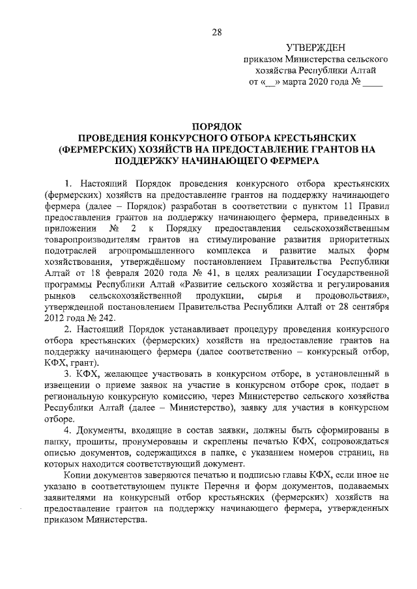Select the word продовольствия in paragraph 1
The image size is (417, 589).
pyautogui.click(x=350, y=295)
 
